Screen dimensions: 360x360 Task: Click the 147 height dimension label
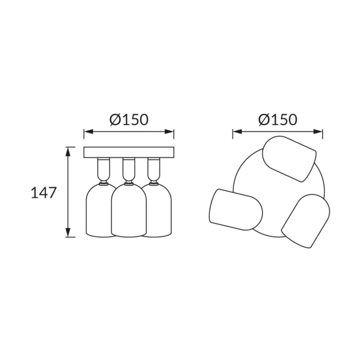(x=44, y=193)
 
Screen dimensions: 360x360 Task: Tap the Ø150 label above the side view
(x=129, y=120)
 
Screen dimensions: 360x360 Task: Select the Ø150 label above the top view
(x=278, y=120)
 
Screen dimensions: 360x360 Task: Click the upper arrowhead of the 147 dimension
(x=68, y=152)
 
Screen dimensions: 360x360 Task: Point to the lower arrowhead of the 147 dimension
(x=68, y=232)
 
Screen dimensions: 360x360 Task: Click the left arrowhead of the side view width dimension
(x=88, y=132)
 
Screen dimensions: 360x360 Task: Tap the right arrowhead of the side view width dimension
(x=169, y=132)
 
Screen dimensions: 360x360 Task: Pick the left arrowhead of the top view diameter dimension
(x=238, y=132)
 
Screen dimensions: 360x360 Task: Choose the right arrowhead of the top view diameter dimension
(x=318, y=132)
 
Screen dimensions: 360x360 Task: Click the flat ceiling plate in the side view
(x=129, y=152)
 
